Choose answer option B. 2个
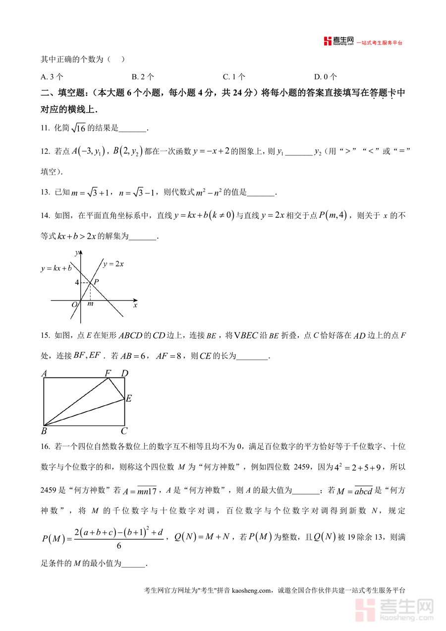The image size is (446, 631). pyautogui.click(x=143, y=77)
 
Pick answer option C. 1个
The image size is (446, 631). pyautogui.click(x=234, y=77)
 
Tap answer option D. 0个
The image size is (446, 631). pyautogui.click(x=326, y=77)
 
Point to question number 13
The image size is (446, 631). pyautogui.click(x=45, y=192)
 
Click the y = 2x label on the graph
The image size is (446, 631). pyautogui.click(x=113, y=264)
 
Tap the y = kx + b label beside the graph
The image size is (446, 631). pyautogui.click(x=56, y=268)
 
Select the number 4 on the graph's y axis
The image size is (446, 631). pyautogui.click(x=77, y=283)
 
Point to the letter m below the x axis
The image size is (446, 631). pyautogui.click(x=90, y=304)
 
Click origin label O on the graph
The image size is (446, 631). pyautogui.click(x=75, y=305)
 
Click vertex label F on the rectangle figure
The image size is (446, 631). pyautogui.click(x=108, y=373)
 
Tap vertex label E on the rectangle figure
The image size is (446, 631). pyautogui.click(x=128, y=398)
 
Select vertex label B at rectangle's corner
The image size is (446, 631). pyautogui.click(x=44, y=431)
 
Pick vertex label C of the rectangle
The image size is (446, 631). pyautogui.click(x=124, y=431)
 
